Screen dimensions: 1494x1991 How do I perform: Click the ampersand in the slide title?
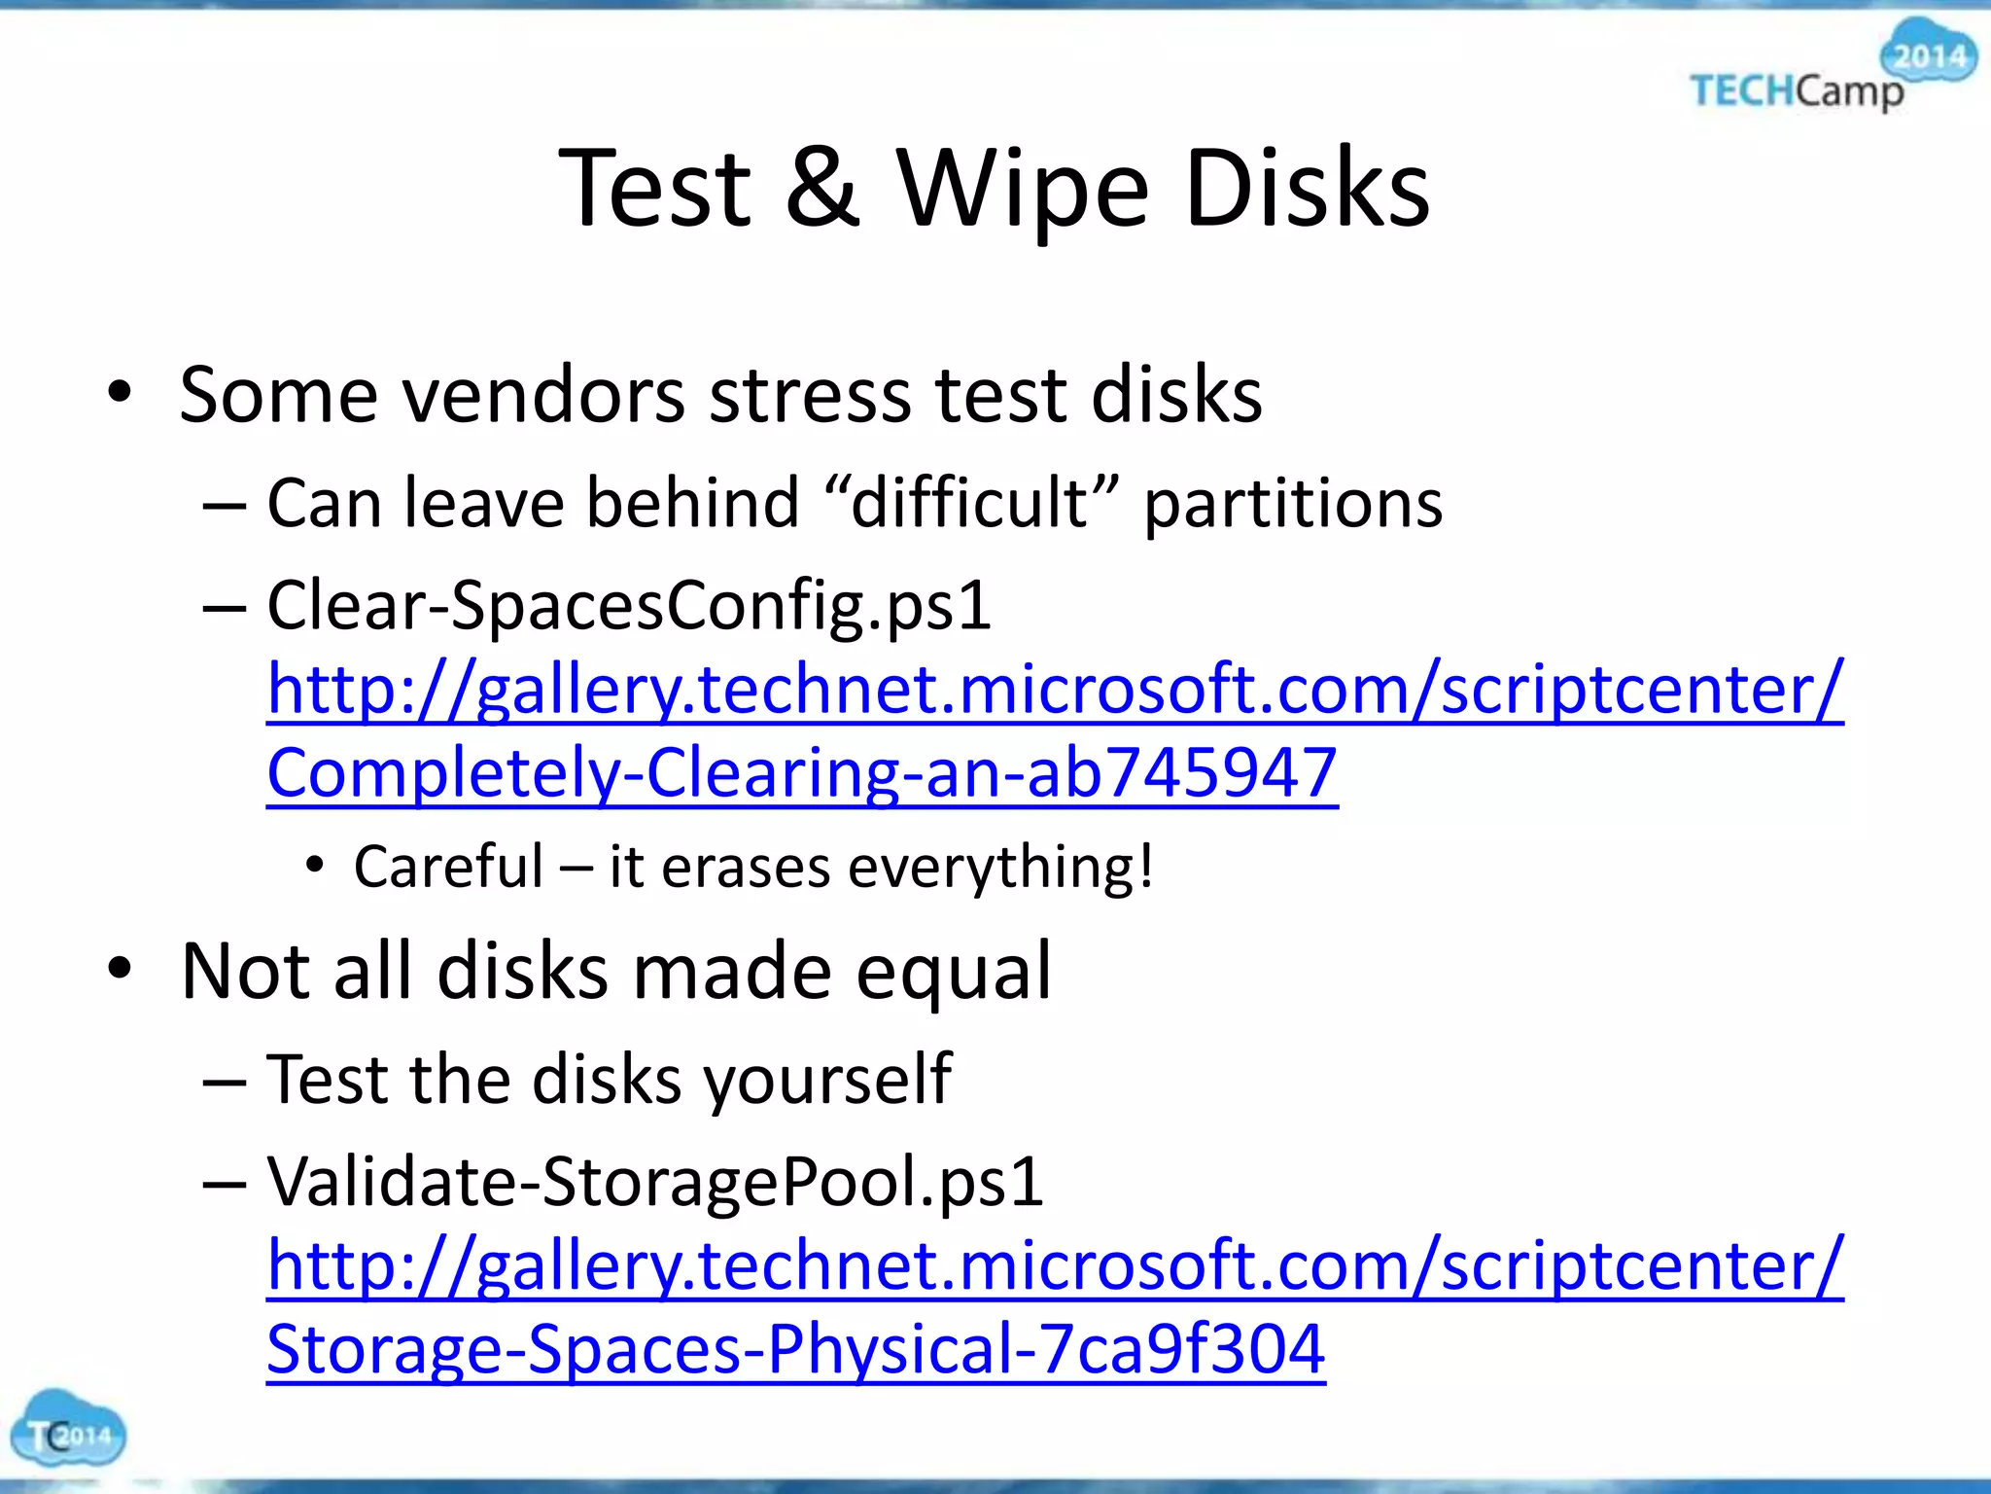click(x=822, y=188)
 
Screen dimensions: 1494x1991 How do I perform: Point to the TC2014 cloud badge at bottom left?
click(x=67, y=1431)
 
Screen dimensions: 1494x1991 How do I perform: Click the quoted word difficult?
click(x=970, y=503)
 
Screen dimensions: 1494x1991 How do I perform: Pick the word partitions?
click(x=1292, y=505)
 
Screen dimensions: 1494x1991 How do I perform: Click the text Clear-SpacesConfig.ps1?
click(x=629, y=606)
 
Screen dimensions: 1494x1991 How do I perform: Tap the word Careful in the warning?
click(x=448, y=867)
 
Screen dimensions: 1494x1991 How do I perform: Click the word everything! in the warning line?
click(x=1000, y=868)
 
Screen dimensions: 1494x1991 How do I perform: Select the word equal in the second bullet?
click(x=954, y=972)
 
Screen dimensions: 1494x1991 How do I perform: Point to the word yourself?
click(x=826, y=1080)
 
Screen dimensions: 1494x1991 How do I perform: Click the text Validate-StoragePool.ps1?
click(x=655, y=1182)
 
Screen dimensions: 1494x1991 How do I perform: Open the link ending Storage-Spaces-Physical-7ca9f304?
click(x=795, y=1349)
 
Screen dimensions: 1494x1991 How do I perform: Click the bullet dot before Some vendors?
click(x=120, y=394)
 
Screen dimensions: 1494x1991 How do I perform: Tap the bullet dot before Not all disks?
click(x=120, y=969)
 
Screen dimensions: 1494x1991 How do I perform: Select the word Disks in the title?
click(x=1306, y=188)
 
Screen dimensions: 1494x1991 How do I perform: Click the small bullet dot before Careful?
click(x=313, y=865)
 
